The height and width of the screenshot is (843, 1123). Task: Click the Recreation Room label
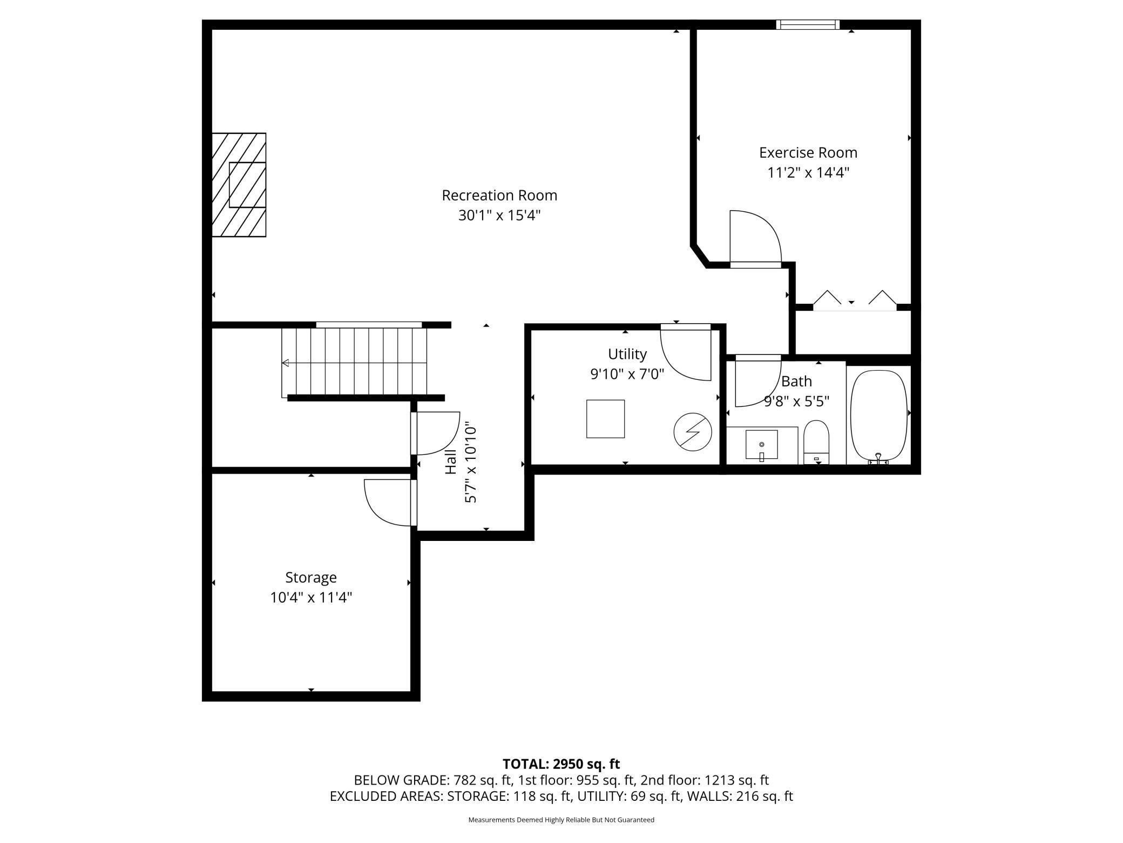(x=499, y=195)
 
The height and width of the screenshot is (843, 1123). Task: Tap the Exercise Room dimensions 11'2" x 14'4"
(x=808, y=173)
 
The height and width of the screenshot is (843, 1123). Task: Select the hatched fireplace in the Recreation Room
(x=239, y=185)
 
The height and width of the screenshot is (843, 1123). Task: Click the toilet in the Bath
(x=816, y=442)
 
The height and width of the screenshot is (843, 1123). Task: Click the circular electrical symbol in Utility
(x=693, y=432)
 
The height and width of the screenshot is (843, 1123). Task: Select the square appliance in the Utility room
(x=605, y=419)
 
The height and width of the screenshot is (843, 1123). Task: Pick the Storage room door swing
(x=388, y=501)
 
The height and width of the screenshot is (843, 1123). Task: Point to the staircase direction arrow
(x=285, y=363)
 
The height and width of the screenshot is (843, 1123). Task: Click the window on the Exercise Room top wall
(x=808, y=24)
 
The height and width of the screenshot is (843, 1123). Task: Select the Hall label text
(x=451, y=462)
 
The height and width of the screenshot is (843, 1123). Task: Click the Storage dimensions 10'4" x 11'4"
(x=311, y=598)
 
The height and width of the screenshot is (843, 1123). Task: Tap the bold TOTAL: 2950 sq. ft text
(x=561, y=764)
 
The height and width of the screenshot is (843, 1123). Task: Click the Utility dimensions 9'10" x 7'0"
(x=627, y=374)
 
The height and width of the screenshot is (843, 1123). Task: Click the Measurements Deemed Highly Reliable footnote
(x=561, y=820)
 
